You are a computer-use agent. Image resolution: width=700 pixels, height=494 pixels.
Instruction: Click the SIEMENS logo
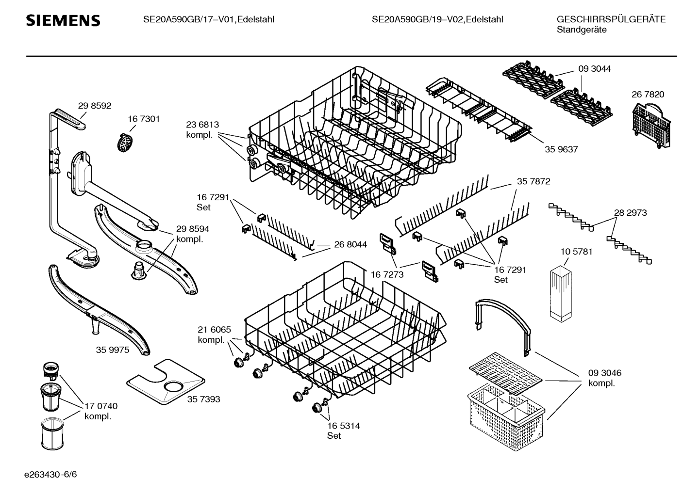click(x=63, y=20)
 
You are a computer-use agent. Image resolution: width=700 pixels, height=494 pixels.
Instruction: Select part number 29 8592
click(x=95, y=105)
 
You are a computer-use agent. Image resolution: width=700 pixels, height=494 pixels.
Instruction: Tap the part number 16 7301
click(x=144, y=119)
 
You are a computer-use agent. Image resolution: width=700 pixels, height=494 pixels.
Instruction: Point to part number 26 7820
click(x=648, y=95)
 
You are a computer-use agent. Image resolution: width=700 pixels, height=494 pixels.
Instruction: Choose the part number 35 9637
click(x=561, y=149)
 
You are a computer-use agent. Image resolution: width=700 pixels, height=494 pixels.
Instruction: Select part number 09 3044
click(x=595, y=69)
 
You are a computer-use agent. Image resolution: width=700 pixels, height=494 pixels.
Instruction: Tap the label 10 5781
click(x=576, y=252)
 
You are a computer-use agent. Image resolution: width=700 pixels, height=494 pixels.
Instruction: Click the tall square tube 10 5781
click(x=562, y=293)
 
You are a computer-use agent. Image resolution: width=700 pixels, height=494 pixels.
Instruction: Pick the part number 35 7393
click(x=203, y=399)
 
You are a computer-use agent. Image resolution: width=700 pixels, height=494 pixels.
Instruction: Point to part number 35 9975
click(x=113, y=350)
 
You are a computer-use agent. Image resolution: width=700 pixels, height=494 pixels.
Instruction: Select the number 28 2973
click(x=630, y=212)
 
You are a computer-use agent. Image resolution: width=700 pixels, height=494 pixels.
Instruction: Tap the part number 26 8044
click(x=350, y=245)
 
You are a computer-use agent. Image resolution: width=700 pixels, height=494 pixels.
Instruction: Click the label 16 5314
click(x=343, y=426)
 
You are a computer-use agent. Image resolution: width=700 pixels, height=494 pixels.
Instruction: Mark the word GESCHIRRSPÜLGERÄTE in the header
click(x=611, y=19)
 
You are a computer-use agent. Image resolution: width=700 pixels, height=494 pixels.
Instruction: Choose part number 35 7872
click(x=533, y=181)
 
